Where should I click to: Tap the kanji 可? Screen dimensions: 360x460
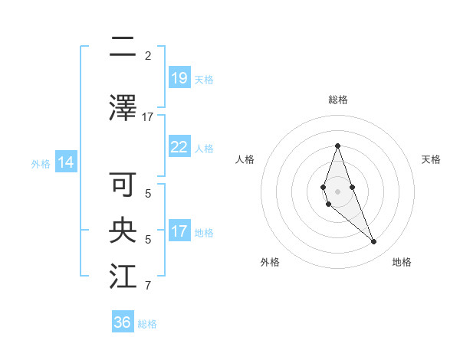click(123, 185)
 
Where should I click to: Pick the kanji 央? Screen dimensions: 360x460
click(123, 231)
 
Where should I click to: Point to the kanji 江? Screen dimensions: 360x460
click(123, 277)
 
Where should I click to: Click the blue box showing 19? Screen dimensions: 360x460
click(179, 78)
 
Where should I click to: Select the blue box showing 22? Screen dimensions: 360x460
click(179, 147)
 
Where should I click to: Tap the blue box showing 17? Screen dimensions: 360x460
click(179, 231)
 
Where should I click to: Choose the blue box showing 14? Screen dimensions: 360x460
click(65, 163)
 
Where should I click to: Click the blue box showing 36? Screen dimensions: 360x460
click(123, 322)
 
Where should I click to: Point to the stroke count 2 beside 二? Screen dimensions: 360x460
click(148, 55)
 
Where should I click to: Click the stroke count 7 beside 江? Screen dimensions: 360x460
click(148, 286)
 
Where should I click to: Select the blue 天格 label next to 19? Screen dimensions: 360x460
click(203, 79)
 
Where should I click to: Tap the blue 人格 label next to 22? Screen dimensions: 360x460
click(203, 148)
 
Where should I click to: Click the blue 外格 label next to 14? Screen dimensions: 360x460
click(41, 164)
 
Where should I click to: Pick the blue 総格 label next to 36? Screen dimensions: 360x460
click(147, 324)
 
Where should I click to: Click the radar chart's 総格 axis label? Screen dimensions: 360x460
click(337, 100)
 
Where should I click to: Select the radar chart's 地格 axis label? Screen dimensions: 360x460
click(402, 262)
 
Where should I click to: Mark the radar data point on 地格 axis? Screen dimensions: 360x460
click(374, 242)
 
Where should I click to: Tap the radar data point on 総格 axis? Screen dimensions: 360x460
click(337, 146)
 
